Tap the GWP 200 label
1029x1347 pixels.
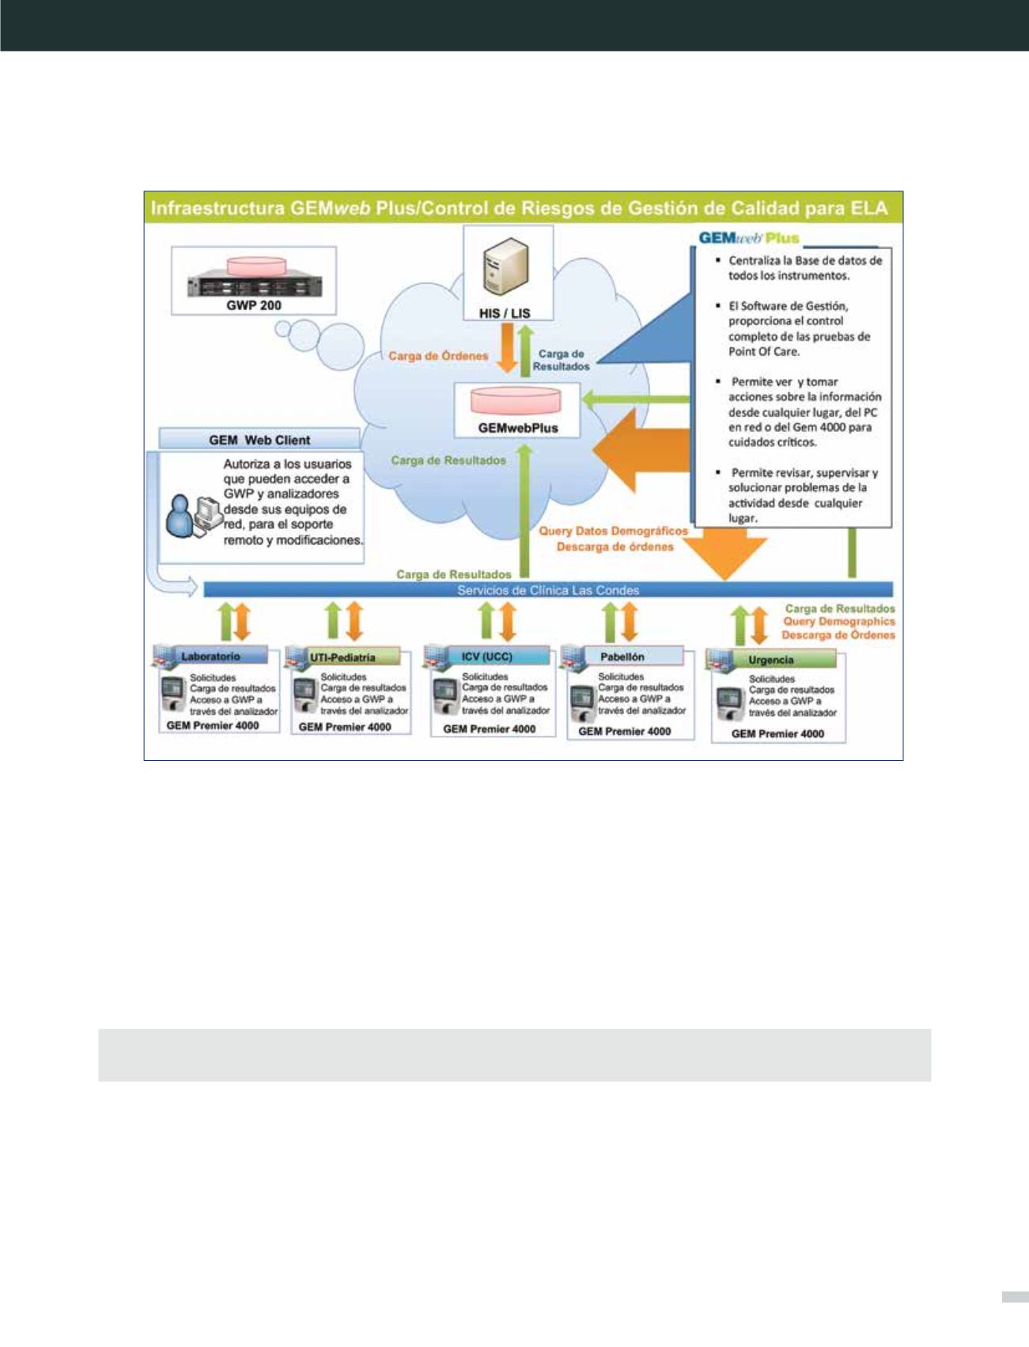pyautogui.click(x=254, y=305)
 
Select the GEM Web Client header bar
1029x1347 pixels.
pyautogui.click(x=259, y=440)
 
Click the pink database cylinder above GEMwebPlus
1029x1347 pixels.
pyautogui.click(x=516, y=401)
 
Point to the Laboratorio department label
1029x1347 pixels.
pyautogui.click(x=210, y=656)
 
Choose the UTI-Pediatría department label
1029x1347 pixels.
pyautogui.click(x=342, y=657)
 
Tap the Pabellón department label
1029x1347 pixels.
pyautogui.click(x=622, y=656)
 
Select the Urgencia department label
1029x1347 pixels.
pyautogui.click(x=770, y=660)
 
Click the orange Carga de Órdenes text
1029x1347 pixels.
pyautogui.click(x=438, y=356)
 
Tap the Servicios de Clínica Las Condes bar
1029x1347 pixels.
pyautogui.click(x=548, y=590)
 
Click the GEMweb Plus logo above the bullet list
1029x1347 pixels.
pyautogui.click(x=748, y=238)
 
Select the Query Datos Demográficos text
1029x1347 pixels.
pyautogui.click(x=613, y=532)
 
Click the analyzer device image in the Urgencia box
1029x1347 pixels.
pyautogui.click(x=728, y=705)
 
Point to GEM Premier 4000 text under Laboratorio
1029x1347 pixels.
pyautogui.click(x=213, y=725)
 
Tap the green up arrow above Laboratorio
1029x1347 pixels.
pyautogui.click(x=225, y=621)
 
